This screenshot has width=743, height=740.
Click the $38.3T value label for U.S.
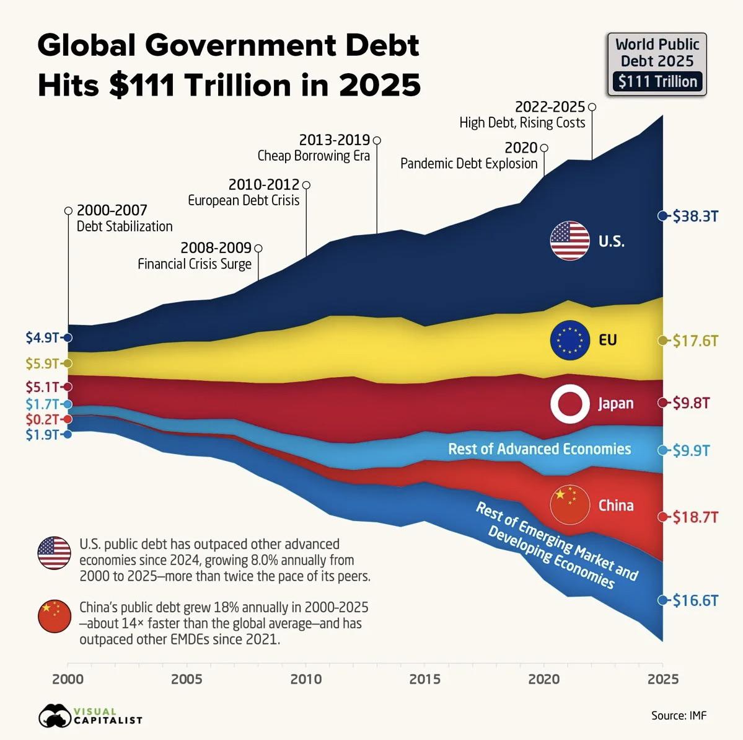coord(695,216)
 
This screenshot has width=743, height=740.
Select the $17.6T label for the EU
coord(695,341)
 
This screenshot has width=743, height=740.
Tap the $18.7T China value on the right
coord(695,517)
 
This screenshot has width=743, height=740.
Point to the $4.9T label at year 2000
coord(42,337)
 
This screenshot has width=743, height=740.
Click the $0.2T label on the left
coord(42,419)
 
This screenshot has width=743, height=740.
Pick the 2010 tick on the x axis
coord(306,679)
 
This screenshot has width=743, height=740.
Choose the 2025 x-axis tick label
coord(662,679)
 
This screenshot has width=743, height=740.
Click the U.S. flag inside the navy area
coord(569,241)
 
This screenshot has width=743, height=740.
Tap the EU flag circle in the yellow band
coord(569,340)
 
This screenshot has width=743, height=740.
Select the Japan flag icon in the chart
coord(569,403)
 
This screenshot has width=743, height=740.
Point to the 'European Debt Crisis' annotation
coord(244,200)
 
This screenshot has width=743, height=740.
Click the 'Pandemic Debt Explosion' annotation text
coord(468,164)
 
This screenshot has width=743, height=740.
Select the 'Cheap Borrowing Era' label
coord(314,156)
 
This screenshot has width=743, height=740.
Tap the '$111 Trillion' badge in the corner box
coord(657,82)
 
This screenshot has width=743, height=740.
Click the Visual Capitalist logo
coord(90,716)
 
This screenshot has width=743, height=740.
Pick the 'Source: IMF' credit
coord(679,715)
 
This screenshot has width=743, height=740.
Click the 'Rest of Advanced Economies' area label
coord(539,449)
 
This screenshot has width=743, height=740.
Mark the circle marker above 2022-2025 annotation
coord(592,107)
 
